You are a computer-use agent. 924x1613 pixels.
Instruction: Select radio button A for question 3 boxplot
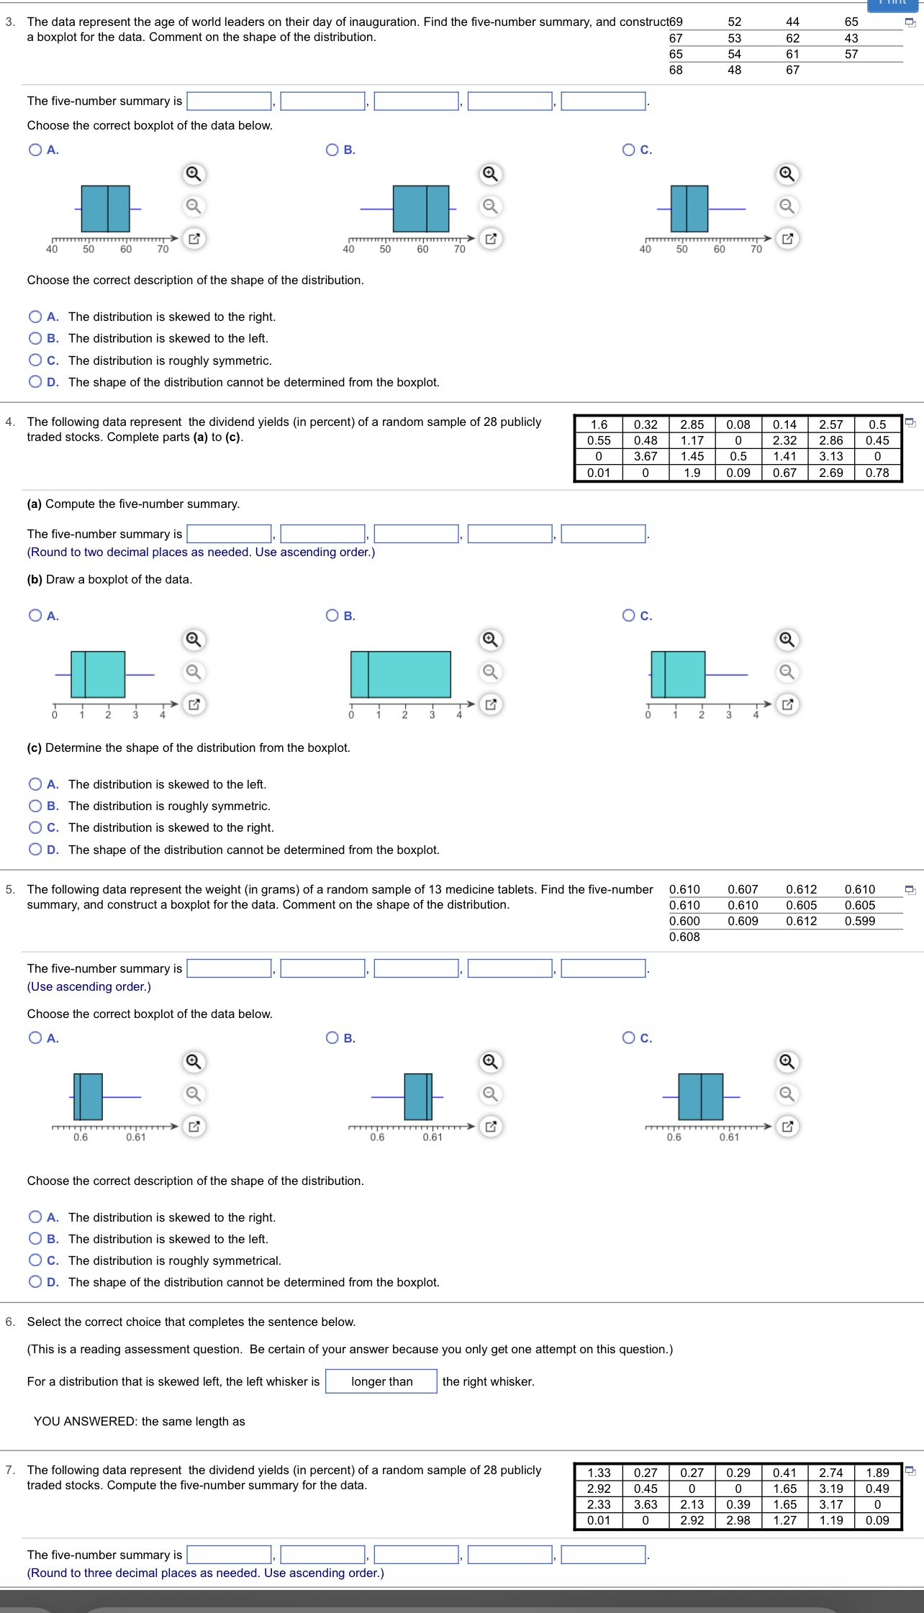point(35,150)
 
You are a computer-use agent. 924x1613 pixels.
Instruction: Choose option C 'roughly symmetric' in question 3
point(35,360)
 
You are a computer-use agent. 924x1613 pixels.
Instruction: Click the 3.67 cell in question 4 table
point(645,456)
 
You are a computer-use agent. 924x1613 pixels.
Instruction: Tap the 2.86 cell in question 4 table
point(830,440)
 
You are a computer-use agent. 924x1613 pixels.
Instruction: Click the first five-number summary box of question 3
point(230,101)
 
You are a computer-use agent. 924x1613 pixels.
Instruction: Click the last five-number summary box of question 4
point(603,534)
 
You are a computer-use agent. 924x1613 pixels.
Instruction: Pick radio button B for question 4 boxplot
point(332,615)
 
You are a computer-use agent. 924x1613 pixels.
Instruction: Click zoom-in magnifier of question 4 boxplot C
point(787,640)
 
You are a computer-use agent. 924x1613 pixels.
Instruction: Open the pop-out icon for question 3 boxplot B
point(490,238)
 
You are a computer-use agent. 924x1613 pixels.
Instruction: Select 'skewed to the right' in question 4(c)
point(35,827)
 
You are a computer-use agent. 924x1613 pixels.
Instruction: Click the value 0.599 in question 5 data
point(860,921)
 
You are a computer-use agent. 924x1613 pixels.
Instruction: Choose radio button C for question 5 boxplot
point(629,1037)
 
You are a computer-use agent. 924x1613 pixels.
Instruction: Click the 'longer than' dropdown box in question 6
point(381,1381)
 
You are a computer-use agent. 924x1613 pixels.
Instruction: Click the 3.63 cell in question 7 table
point(645,1504)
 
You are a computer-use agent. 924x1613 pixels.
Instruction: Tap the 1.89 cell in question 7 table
point(877,1473)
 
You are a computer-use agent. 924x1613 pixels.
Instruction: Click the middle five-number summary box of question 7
point(416,1555)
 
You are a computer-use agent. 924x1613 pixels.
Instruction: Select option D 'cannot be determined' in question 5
point(35,1282)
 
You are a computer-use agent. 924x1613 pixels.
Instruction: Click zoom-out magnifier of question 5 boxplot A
point(193,1094)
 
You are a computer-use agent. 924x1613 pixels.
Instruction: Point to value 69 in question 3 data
point(676,22)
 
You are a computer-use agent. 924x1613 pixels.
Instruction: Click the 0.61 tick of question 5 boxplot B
point(432,1137)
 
